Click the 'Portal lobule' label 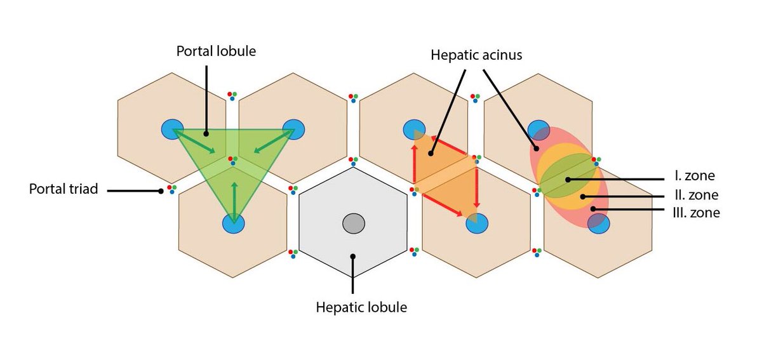pyautogui.click(x=216, y=51)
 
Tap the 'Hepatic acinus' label pyautogui.click(x=476, y=55)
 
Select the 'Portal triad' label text pyautogui.click(x=63, y=189)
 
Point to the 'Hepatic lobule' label pyautogui.click(x=361, y=308)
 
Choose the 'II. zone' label pyautogui.click(x=696, y=195)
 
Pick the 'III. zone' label pyautogui.click(x=695, y=213)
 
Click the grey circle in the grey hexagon pyautogui.click(x=354, y=223)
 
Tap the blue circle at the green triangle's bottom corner pyautogui.click(x=234, y=223)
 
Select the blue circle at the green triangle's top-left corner pyautogui.click(x=171, y=130)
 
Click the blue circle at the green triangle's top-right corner pyautogui.click(x=294, y=130)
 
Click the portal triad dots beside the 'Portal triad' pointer pyautogui.click(x=171, y=189)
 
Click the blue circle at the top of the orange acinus pyautogui.click(x=413, y=129)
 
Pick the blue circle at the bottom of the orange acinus pyautogui.click(x=477, y=223)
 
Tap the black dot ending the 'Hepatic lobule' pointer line pyautogui.click(x=353, y=257)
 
